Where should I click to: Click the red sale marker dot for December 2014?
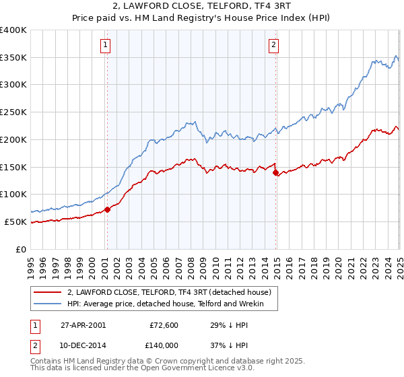point(275,172)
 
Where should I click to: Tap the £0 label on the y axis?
point(22,249)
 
